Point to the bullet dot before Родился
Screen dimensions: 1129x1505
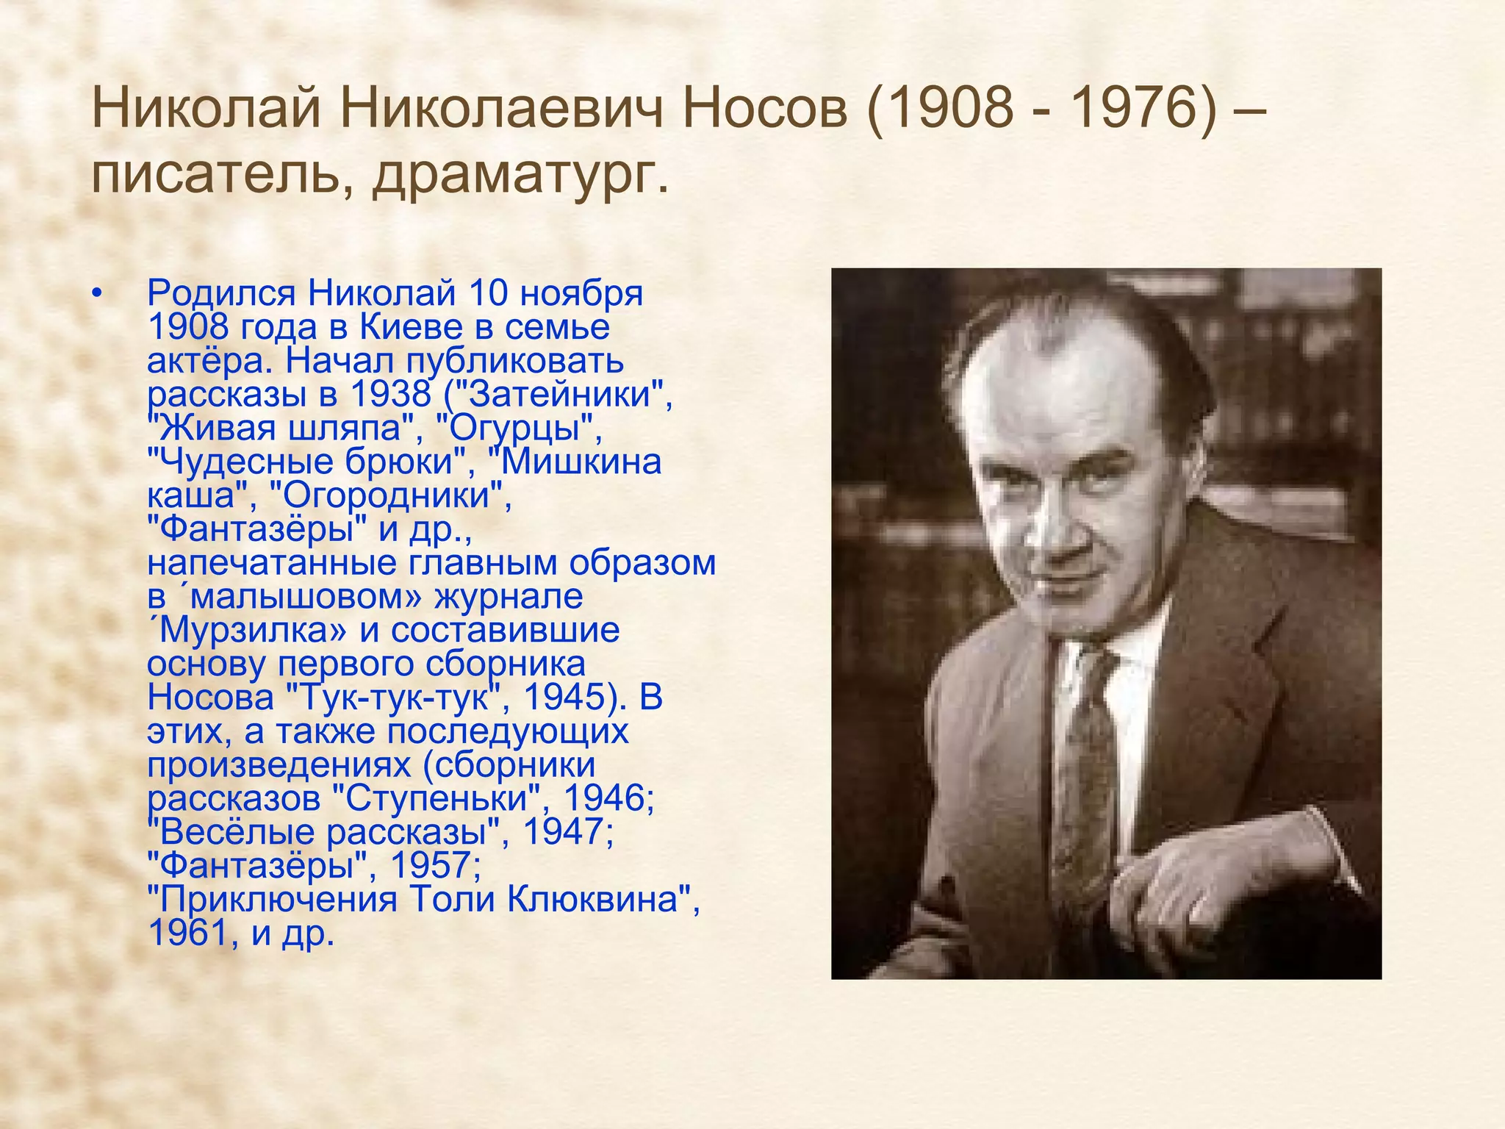(x=96, y=294)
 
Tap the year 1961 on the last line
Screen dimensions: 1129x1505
(x=187, y=933)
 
